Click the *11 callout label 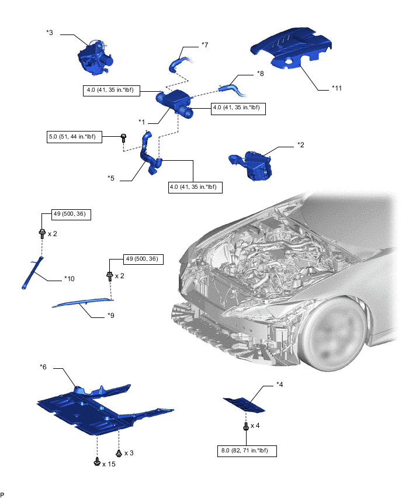pyautogui.click(x=337, y=88)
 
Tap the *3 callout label pyautogui.click(x=50, y=32)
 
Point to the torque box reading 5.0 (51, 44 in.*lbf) pyautogui.click(x=74, y=137)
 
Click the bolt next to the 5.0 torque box pyautogui.click(x=123, y=138)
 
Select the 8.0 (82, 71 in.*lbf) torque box pyautogui.click(x=247, y=451)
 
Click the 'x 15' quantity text pyautogui.click(x=109, y=464)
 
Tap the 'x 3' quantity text pyautogui.click(x=129, y=453)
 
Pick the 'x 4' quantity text pyautogui.click(x=255, y=426)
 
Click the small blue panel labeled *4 pyautogui.click(x=244, y=405)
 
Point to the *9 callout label pyautogui.click(x=110, y=316)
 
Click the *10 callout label pyautogui.click(x=69, y=279)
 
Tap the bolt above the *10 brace pyautogui.click(x=42, y=233)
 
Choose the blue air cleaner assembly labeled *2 pyautogui.click(x=251, y=165)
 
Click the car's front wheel pyautogui.click(x=333, y=334)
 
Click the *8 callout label pyautogui.click(x=260, y=74)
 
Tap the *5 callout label pyautogui.click(x=110, y=178)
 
